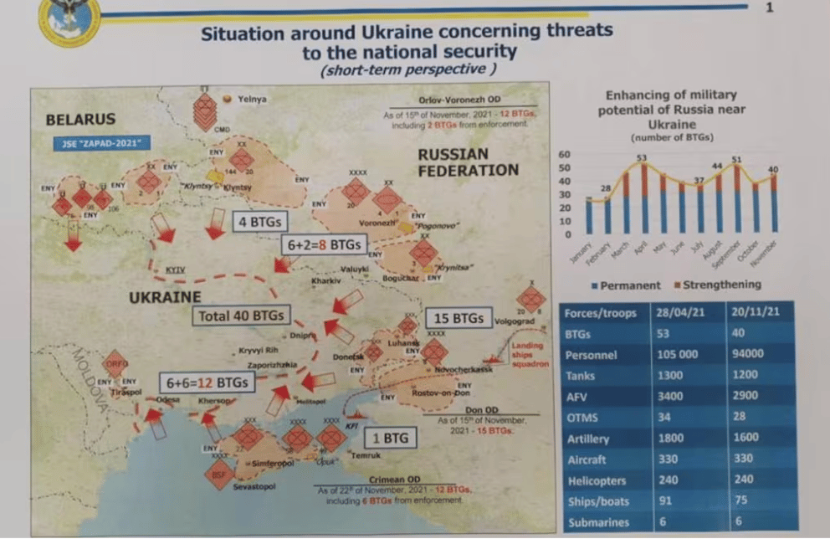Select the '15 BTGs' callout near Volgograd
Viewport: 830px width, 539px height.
pyautogui.click(x=457, y=319)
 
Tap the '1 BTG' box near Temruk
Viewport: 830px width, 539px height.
pyautogui.click(x=391, y=437)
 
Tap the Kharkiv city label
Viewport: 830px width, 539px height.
pyautogui.click(x=325, y=280)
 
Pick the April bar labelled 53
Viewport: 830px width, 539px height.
pyautogui.click(x=643, y=198)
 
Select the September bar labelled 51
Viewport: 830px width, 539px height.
pyautogui.click(x=736, y=198)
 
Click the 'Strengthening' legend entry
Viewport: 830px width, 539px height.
pyautogui.click(x=720, y=285)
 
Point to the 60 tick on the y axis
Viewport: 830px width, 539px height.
pyautogui.click(x=564, y=154)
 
